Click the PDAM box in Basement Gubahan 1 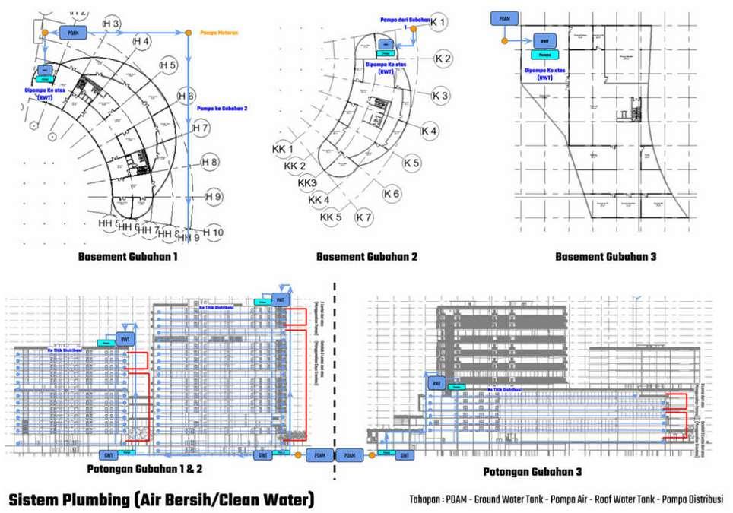pos(73,33)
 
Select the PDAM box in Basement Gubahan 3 pos(505,18)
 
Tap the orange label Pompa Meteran pos(219,33)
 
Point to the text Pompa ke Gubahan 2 pos(223,109)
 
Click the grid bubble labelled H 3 pos(112,25)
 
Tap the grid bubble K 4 pos(430,131)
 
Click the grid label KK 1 pos(283,148)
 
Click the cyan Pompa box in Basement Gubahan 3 pos(544,55)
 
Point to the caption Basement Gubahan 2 pos(366,257)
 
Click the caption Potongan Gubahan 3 pos(532,472)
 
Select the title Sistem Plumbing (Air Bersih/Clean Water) pos(161,500)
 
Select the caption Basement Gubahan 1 pos(128,257)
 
